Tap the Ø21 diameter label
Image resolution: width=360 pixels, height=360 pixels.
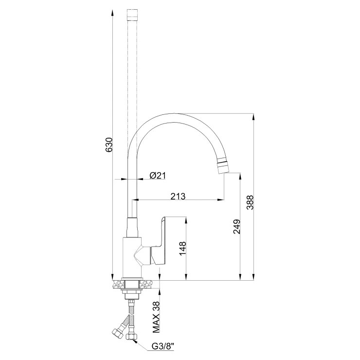pos(158,176)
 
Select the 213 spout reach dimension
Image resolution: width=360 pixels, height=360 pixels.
pos(178,197)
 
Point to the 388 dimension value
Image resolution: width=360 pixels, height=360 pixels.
pos(250,202)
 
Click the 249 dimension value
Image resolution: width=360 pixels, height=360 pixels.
pos(237,227)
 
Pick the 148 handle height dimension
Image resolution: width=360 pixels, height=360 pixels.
pos(182,248)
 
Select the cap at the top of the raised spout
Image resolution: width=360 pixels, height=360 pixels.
pos(132,15)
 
